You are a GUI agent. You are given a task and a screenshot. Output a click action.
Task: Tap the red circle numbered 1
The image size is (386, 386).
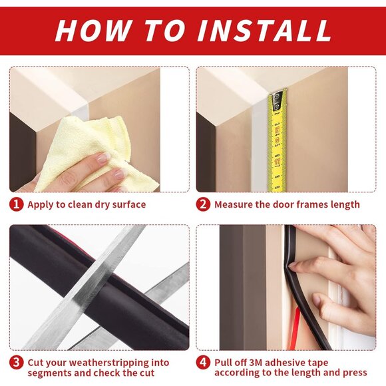[17, 204]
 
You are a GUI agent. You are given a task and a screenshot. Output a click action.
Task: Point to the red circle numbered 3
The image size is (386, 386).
[17, 363]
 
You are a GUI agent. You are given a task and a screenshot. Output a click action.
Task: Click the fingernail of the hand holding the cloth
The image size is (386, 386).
[103, 158]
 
